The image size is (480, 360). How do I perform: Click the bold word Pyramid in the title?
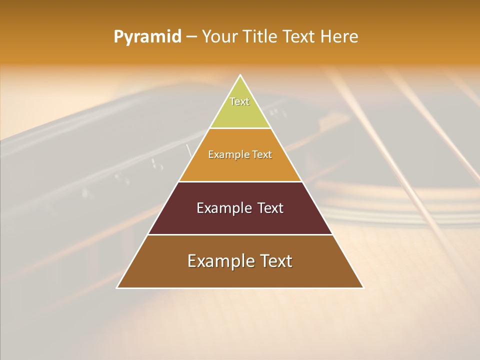[147, 37]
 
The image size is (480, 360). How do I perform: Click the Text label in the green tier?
[239, 101]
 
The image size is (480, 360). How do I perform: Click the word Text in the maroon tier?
[270, 208]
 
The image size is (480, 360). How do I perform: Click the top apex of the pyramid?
[240, 75]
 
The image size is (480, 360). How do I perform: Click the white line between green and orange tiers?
[240, 128]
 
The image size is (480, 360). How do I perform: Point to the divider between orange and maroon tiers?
[240, 181]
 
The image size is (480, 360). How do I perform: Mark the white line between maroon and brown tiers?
[240, 234]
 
